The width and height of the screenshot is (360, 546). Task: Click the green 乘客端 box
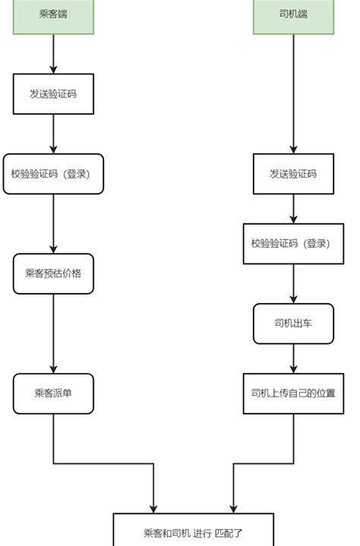(53, 15)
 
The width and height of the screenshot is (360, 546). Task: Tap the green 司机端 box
(293, 15)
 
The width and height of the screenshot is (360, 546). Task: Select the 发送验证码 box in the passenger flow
(53, 94)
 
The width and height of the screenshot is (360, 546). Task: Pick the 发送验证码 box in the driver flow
(293, 174)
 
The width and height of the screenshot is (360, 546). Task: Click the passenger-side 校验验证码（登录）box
(53, 174)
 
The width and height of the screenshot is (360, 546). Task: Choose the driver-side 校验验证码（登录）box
(293, 244)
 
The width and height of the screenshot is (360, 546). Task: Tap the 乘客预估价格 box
(53, 274)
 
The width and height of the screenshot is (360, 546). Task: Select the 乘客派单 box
(53, 393)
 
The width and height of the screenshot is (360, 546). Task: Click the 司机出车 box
(293, 323)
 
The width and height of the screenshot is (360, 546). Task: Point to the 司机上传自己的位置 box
(293, 393)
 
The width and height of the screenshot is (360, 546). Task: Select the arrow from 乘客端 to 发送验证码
(53, 53)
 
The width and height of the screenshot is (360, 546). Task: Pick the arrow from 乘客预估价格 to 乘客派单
(53, 333)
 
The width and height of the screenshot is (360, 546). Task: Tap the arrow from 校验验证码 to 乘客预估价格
(53, 223)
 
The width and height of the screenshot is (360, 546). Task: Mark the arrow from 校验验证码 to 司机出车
(293, 283)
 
